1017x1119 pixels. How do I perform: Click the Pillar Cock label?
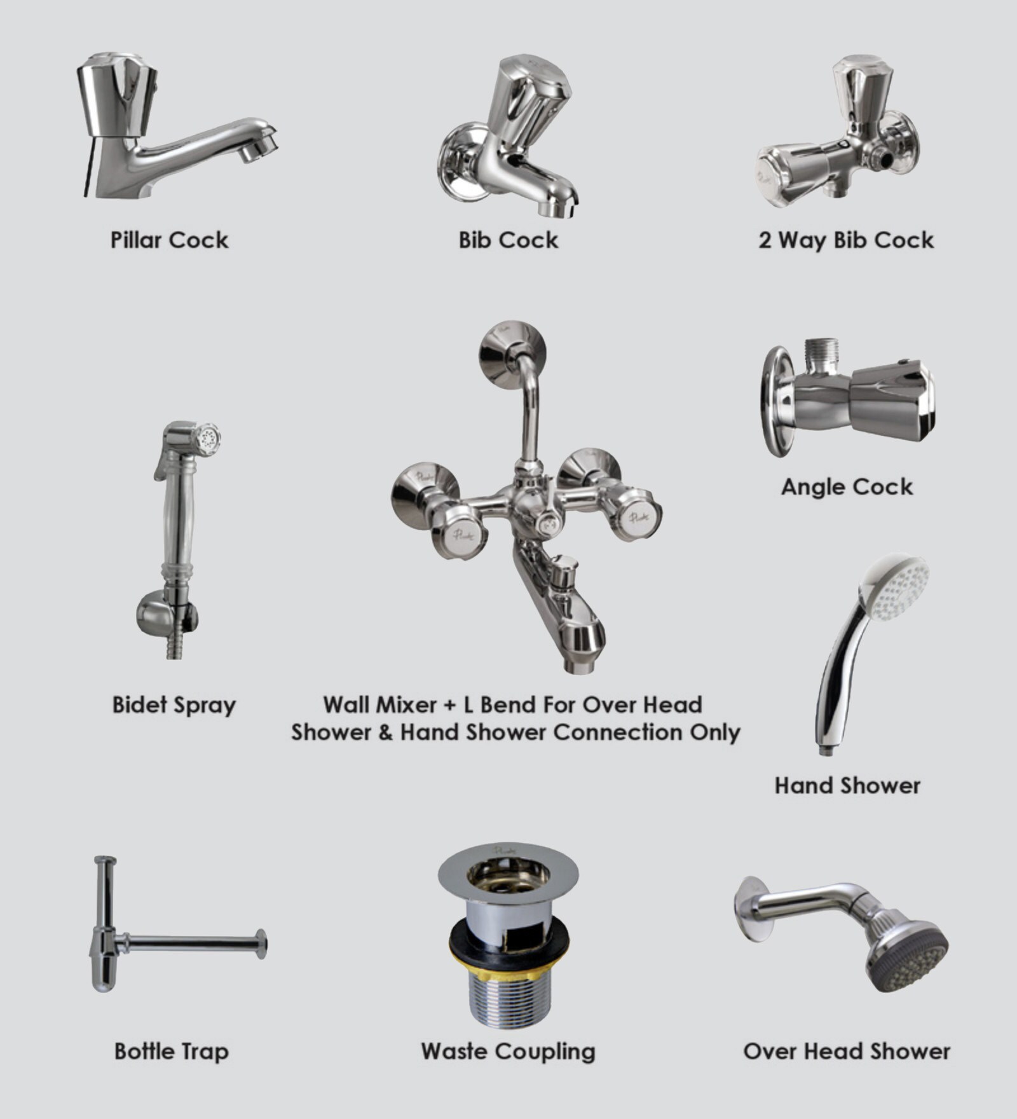tap(169, 240)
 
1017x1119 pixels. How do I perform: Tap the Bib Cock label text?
tap(508, 240)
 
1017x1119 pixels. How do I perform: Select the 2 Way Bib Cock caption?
tap(846, 240)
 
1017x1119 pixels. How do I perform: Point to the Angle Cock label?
tap(847, 487)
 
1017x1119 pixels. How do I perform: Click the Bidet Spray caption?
tap(174, 705)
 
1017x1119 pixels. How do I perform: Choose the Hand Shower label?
tap(847, 786)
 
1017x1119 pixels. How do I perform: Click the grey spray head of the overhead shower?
tap(910, 960)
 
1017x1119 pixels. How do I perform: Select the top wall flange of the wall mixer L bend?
tap(512, 354)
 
